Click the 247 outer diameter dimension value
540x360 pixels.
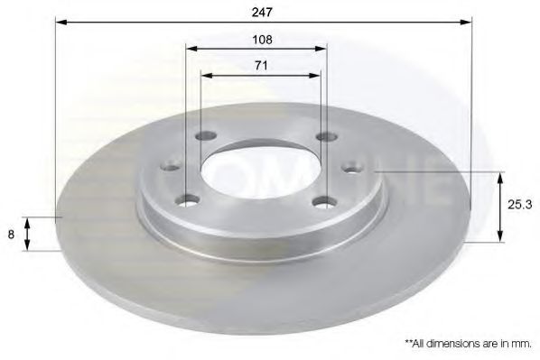point(263,12)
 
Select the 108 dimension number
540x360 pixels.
point(262,41)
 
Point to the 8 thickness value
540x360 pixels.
point(11,234)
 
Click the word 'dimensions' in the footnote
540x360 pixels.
point(455,344)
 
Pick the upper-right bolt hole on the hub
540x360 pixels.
point(325,137)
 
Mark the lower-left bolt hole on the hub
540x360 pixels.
point(188,199)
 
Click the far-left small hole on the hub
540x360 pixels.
point(168,165)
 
